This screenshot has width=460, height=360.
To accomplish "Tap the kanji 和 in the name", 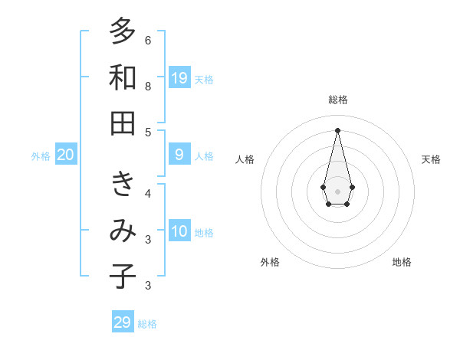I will [123, 77].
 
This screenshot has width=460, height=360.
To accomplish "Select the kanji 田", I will [123, 123].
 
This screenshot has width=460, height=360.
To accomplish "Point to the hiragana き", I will [123, 184].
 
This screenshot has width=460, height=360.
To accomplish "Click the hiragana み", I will [123, 231].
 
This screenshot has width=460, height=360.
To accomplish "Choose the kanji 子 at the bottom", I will [123, 277].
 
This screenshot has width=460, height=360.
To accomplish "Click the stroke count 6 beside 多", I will [148, 40].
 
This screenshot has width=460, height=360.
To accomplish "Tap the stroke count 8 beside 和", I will [148, 87].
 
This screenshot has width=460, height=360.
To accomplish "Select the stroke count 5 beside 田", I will [148, 133].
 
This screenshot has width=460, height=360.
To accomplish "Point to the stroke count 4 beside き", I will [148, 193].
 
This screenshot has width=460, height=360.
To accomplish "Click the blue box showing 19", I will [179, 77].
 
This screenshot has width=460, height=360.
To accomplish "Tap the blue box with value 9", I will [179, 155].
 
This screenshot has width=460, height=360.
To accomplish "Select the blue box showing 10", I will [179, 231].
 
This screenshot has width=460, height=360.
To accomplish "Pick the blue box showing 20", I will [65, 155].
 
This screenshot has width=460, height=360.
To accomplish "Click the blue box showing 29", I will [123, 322].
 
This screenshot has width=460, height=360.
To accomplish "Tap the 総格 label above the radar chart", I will [338, 100].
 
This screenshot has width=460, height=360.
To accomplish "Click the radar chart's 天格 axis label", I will [431, 159].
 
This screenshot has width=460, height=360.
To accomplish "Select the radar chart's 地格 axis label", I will [402, 262].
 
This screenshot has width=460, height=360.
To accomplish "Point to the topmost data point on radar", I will [338, 130].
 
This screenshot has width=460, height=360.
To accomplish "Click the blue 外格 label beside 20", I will [41, 156].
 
